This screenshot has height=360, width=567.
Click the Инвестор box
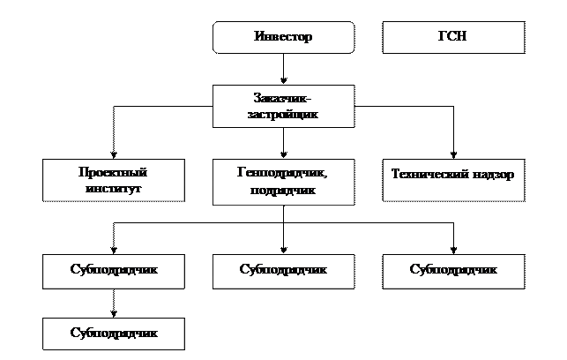click(283, 38)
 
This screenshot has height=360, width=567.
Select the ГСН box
click(453, 38)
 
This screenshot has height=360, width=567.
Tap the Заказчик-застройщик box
click(283, 106)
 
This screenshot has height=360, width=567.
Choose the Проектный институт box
click(114, 180)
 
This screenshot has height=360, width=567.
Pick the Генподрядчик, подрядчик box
click(283, 182)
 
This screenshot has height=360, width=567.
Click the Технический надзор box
click(453, 174)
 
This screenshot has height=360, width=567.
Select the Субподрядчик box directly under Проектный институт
click(114, 269)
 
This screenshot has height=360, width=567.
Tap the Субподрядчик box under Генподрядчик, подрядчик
click(283, 269)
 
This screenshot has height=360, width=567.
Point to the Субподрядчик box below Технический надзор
click(453, 269)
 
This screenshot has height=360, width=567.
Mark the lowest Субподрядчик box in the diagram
click(114, 333)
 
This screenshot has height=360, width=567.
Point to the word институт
click(115, 189)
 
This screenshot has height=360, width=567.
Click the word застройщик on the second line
click(283, 115)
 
